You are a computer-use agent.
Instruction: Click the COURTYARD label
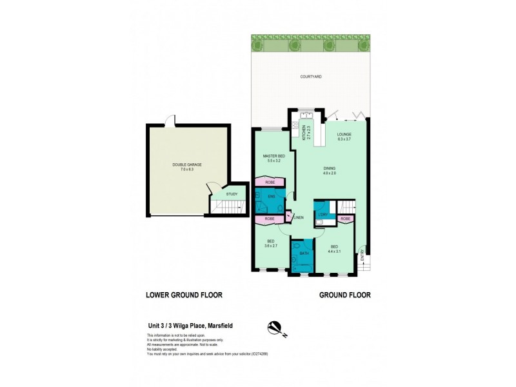coord(311,77)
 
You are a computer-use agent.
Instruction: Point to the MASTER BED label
coord(273,157)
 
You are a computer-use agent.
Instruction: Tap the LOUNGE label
coord(344,134)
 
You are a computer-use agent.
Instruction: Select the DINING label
coord(330,169)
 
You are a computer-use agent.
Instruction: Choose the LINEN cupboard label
coord(299,217)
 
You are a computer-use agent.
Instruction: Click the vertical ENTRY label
coord(362,257)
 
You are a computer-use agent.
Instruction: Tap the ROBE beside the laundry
coord(346,219)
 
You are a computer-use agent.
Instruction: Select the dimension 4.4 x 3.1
coord(334,251)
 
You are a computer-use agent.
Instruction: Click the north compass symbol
coord(275,330)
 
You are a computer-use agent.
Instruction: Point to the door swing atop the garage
coord(170,121)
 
